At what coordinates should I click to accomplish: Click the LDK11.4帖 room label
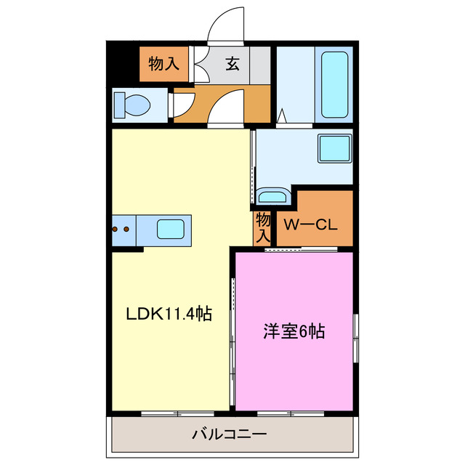click(169, 315)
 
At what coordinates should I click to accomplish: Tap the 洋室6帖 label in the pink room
click(294, 332)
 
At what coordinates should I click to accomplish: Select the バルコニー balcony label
click(229, 435)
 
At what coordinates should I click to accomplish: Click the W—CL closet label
click(310, 225)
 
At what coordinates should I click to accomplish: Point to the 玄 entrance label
click(232, 64)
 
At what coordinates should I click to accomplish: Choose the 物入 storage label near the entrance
click(163, 64)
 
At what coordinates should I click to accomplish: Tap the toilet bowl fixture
click(132, 104)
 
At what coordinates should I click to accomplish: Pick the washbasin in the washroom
click(272, 196)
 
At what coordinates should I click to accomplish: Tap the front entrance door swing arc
click(227, 25)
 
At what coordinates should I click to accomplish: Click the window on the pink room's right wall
click(355, 337)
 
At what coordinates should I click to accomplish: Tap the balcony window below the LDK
click(171, 413)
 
